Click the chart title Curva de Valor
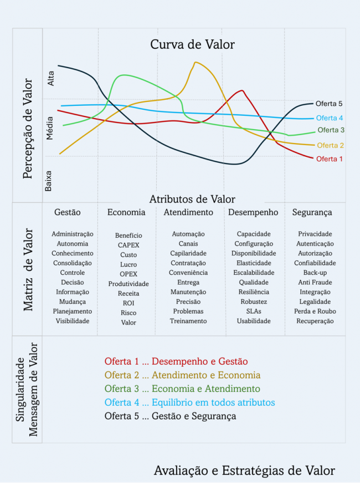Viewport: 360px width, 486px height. click(x=192, y=45)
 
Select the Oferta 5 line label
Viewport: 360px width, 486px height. click(x=329, y=104)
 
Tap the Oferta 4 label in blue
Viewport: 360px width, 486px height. click(x=330, y=118)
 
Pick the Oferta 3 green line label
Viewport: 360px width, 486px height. click(x=331, y=130)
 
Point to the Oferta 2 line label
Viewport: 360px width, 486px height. click(x=331, y=145)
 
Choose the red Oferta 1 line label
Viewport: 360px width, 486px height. click(x=330, y=159)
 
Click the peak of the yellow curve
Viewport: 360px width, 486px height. click(x=196, y=62)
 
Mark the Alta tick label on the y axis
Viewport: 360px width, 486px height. click(x=51, y=79)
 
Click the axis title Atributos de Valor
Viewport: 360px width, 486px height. click(x=192, y=199)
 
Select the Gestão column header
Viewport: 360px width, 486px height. click(x=67, y=212)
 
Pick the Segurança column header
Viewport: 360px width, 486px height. click(x=312, y=212)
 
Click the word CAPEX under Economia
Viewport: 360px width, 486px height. click(x=128, y=245)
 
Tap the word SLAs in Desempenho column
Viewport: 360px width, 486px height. click(x=254, y=311)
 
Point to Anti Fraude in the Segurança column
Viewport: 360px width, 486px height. click(x=315, y=282)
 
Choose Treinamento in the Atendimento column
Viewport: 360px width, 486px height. click(x=188, y=321)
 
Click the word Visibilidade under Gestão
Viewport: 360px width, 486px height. click(x=72, y=321)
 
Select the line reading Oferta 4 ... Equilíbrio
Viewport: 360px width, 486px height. click(x=189, y=402)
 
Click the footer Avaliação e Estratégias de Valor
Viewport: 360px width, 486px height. click(x=244, y=470)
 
